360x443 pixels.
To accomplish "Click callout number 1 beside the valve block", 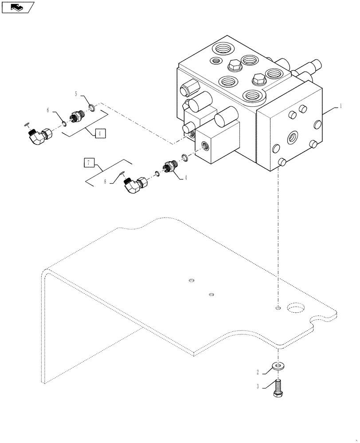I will [340, 106].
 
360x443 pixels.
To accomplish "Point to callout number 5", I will [76, 94].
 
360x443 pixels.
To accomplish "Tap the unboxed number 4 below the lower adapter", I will [185, 178].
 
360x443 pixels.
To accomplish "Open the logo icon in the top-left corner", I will [18, 7].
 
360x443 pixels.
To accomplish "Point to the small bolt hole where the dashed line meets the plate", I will [278, 308].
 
